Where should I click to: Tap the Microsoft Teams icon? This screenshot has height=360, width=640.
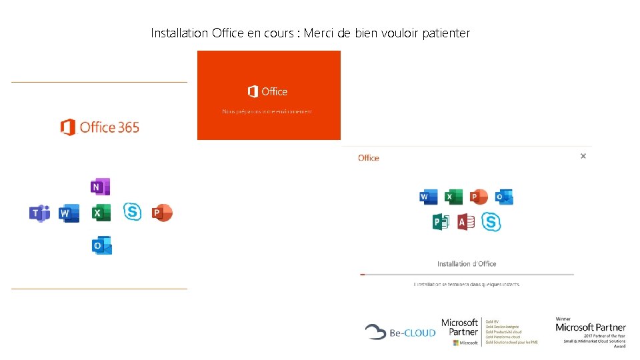[x=39, y=213]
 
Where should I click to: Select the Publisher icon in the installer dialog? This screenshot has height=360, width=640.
[x=441, y=222]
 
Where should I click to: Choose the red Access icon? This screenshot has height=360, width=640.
[x=466, y=222]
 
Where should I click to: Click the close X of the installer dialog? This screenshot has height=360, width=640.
[x=583, y=156]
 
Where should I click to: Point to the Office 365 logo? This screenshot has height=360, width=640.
[x=100, y=127]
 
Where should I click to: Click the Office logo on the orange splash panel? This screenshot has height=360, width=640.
[x=267, y=91]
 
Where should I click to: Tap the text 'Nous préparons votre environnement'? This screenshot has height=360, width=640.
[x=267, y=111]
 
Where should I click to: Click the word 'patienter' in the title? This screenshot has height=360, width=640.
[x=445, y=33]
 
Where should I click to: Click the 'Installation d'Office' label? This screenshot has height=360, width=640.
[x=467, y=263]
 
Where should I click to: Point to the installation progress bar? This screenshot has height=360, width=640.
[x=467, y=274]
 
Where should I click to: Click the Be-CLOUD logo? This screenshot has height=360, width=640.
[x=400, y=331]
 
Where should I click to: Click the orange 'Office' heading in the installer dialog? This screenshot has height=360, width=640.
[x=369, y=158]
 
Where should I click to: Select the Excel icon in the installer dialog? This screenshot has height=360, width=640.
[x=453, y=197]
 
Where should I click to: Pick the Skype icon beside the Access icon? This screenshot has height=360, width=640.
[x=491, y=222]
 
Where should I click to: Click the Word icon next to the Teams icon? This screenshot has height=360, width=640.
[x=69, y=213]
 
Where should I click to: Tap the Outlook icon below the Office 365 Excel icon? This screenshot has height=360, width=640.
[x=101, y=245]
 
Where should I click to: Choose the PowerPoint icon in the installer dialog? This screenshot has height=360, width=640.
[x=478, y=197]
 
